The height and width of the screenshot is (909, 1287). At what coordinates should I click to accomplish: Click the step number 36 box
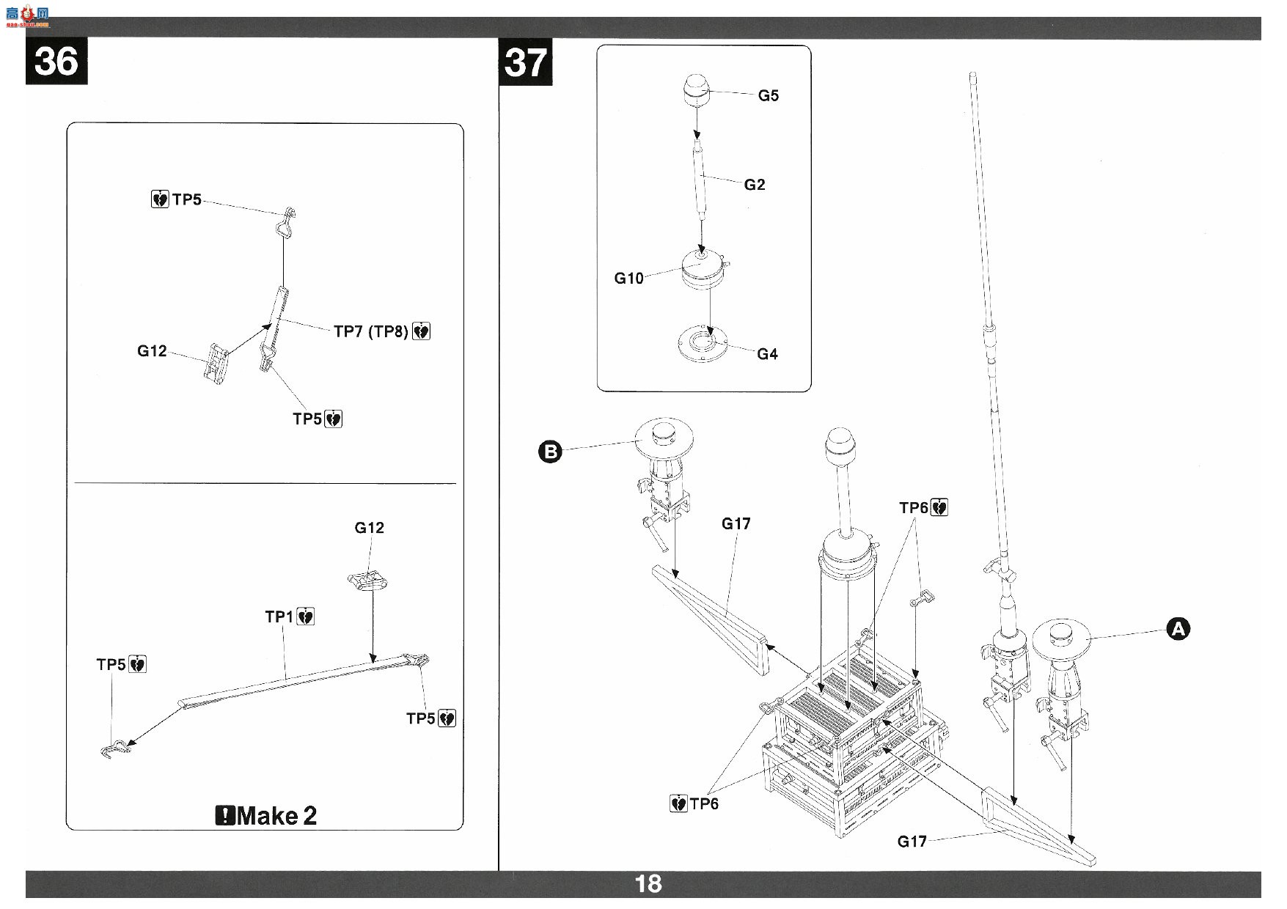pos(56,62)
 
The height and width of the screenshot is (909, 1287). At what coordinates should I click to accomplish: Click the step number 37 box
pos(526,62)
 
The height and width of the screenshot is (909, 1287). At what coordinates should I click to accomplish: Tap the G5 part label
pos(769,95)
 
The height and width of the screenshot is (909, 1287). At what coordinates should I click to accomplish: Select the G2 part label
pos(755,185)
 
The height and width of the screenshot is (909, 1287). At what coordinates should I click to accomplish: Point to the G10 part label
pos(628,278)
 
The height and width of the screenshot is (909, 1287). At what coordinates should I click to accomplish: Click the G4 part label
pos(767,354)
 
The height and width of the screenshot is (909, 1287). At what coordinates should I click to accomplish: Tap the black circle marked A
pos(1178,629)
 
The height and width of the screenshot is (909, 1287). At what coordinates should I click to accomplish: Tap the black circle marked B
pos(550,451)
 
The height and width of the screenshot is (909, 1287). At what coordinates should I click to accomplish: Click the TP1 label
pos(279,617)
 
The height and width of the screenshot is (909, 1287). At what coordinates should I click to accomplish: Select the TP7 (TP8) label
pos(371,331)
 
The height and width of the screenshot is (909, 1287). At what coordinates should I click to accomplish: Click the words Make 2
pos(277,815)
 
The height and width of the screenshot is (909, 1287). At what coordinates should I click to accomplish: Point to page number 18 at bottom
pos(648,884)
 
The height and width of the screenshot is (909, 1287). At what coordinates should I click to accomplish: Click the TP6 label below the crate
pos(704,804)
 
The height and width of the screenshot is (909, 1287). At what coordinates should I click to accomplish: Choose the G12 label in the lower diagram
pos(369,528)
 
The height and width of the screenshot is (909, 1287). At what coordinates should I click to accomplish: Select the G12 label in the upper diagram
pos(152,351)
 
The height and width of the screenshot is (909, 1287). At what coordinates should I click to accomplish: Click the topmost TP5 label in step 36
pos(186,199)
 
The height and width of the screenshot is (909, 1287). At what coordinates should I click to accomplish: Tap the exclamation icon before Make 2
pos(225,815)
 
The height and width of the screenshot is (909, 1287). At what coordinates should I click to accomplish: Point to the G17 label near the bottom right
pos(912,842)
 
